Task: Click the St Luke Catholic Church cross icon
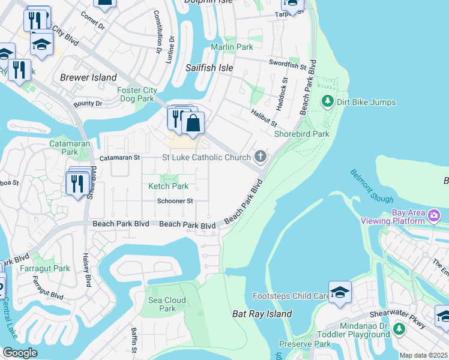(260, 157)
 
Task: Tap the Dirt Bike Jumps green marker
(328, 102)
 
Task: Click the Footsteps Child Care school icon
(340, 293)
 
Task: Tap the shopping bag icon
(193, 124)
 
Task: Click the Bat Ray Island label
(262, 314)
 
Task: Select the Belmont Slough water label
(372, 186)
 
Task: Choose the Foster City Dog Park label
(137, 95)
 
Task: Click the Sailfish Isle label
(209, 68)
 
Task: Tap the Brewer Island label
(88, 77)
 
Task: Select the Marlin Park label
(232, 47)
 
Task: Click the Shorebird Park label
(301, 134)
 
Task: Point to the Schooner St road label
(175, 201)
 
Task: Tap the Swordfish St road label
(288, 62)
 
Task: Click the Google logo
(20, 353)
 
